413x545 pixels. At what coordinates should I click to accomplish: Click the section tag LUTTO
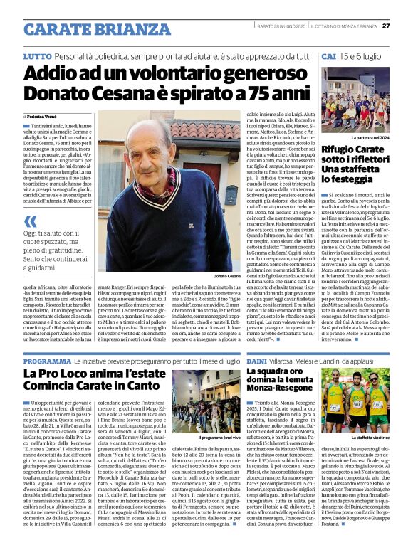[x=37, y=55]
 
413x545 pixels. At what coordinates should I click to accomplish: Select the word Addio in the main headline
[x=65, y=74]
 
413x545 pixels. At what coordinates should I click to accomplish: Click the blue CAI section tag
[x=328, y=55]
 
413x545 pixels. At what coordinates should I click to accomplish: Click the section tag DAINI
[x=256, y=362]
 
